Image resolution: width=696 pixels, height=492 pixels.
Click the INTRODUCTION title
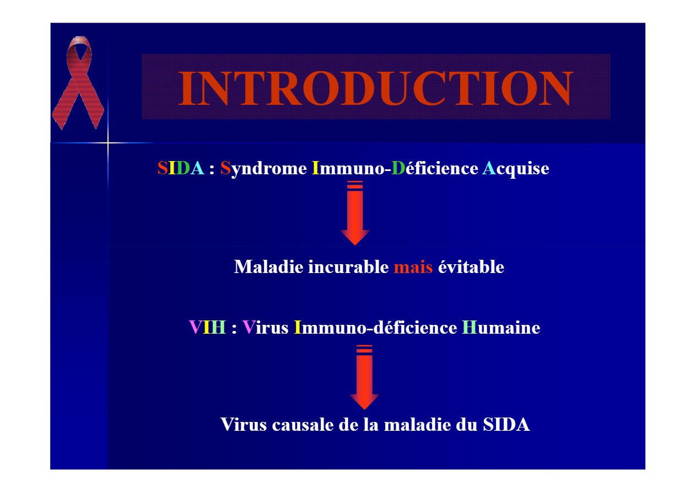(375, 88)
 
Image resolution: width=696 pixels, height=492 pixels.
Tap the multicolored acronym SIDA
(181, 168)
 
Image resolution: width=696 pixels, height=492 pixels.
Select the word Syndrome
(263, 169)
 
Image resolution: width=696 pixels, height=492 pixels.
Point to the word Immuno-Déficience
(395, 168)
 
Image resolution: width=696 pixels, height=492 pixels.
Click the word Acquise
(516, 169)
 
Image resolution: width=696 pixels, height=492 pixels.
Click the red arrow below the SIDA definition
(355, 213)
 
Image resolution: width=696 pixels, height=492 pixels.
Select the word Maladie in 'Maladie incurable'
(268, 267)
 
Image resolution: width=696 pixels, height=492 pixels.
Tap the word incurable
(348, 267)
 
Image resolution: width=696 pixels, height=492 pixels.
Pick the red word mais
(413, 268)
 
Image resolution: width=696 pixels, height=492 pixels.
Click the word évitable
(471, 267)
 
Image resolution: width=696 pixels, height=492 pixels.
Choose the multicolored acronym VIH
(207, 328)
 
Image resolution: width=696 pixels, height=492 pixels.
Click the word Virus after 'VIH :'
(266, 328)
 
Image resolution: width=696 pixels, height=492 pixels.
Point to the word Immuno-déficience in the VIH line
(375, 328)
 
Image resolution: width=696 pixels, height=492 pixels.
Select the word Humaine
(501, 328)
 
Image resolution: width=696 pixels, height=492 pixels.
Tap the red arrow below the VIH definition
(364, 377)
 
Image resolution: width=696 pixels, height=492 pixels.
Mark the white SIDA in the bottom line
(506, 425)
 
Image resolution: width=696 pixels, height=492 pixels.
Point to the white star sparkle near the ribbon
(108, 143)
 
